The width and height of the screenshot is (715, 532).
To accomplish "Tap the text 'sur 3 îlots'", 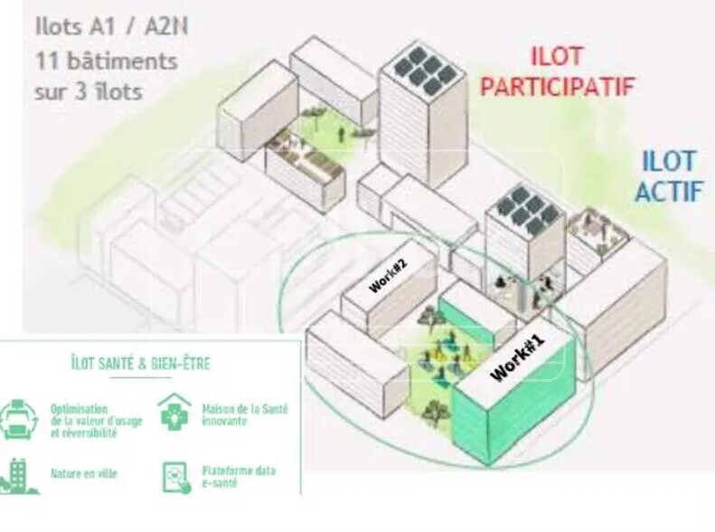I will [89, 92].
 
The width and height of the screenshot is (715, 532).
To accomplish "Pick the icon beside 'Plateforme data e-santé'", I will [175, 476].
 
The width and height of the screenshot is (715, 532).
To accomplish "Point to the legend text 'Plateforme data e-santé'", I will [240, 477].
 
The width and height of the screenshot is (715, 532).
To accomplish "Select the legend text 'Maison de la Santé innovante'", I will [245, 414].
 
